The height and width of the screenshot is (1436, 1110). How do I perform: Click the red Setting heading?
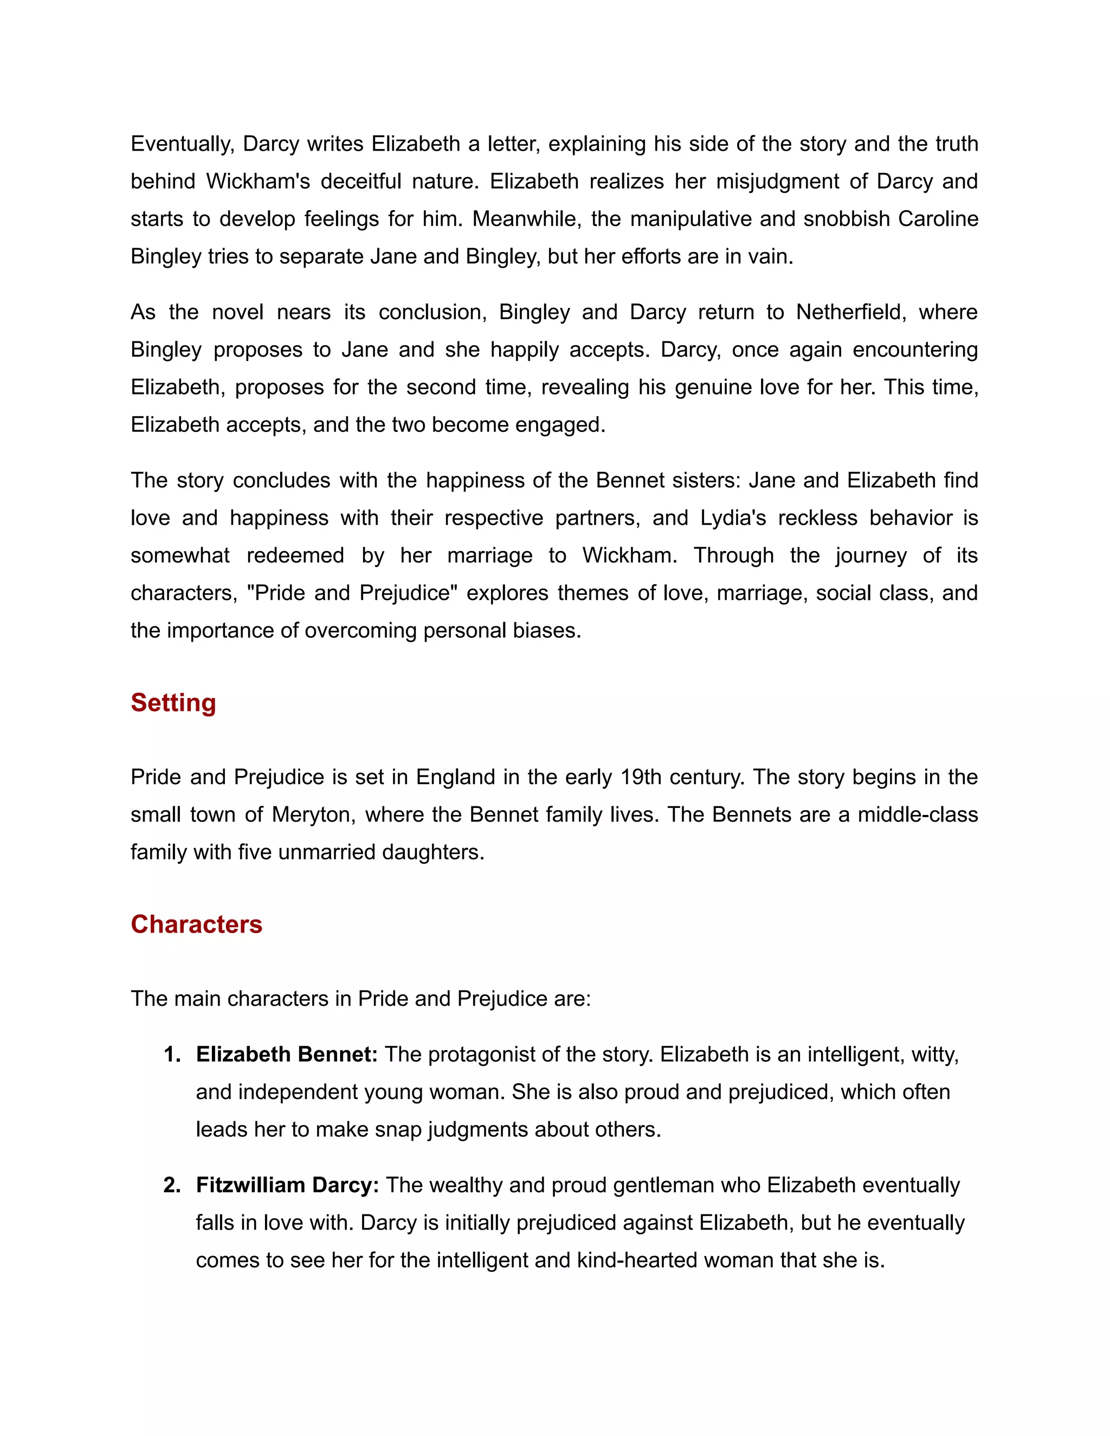click(x=173, y=703)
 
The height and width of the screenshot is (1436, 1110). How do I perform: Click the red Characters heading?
click(x=196, y=924)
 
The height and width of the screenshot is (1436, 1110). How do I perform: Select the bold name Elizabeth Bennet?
click(x=287, y=1055)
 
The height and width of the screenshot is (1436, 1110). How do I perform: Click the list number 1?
click(x=172, y=1055)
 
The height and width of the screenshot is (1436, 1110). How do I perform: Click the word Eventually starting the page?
click(x=182, y=144)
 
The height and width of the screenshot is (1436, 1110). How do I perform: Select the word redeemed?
click(x=295, y=555)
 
